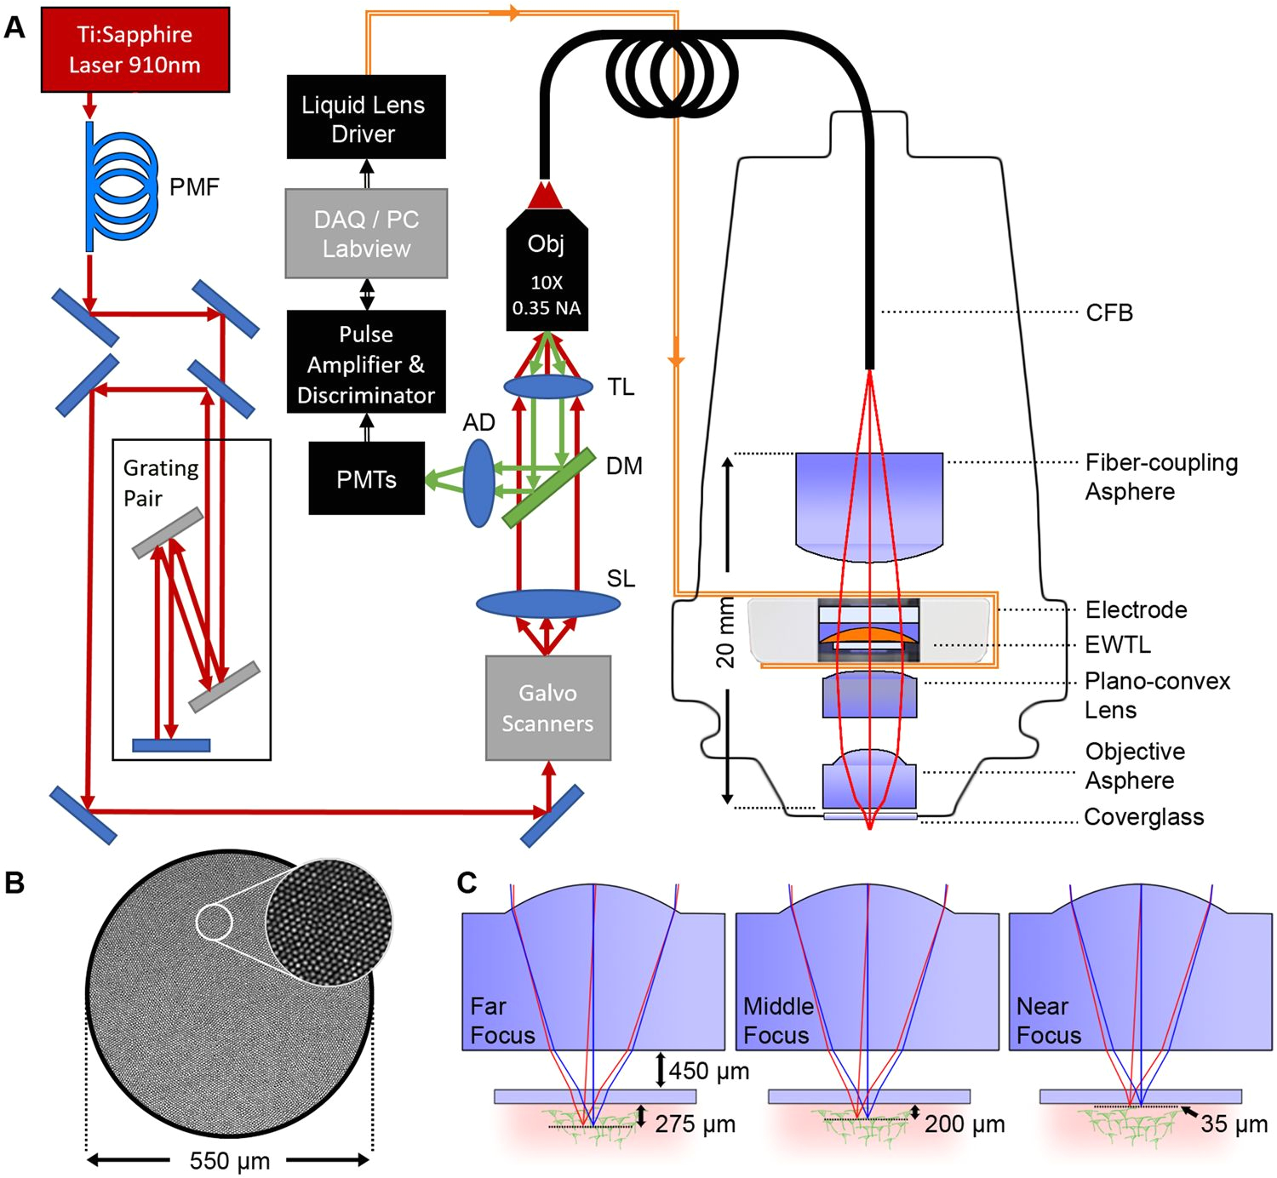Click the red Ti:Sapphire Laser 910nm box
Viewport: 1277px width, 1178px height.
135,49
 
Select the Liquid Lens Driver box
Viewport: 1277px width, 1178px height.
366,117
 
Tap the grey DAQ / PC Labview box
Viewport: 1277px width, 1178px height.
366,233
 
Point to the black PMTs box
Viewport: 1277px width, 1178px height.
366,478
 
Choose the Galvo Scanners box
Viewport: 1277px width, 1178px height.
547,707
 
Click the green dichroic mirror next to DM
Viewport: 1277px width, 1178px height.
548,489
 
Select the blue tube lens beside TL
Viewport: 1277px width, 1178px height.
548,387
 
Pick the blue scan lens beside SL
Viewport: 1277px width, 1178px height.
547,603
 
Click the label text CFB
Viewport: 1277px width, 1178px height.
1109,313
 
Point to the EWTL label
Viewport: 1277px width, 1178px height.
1118,645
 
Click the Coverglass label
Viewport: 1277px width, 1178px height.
1143,818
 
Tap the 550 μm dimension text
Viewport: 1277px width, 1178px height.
229,1161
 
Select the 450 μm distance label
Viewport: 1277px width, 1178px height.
708,1071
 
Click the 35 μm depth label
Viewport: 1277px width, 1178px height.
1234,1124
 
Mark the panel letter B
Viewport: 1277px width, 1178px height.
14,883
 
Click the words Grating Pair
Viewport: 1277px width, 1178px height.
161,483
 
